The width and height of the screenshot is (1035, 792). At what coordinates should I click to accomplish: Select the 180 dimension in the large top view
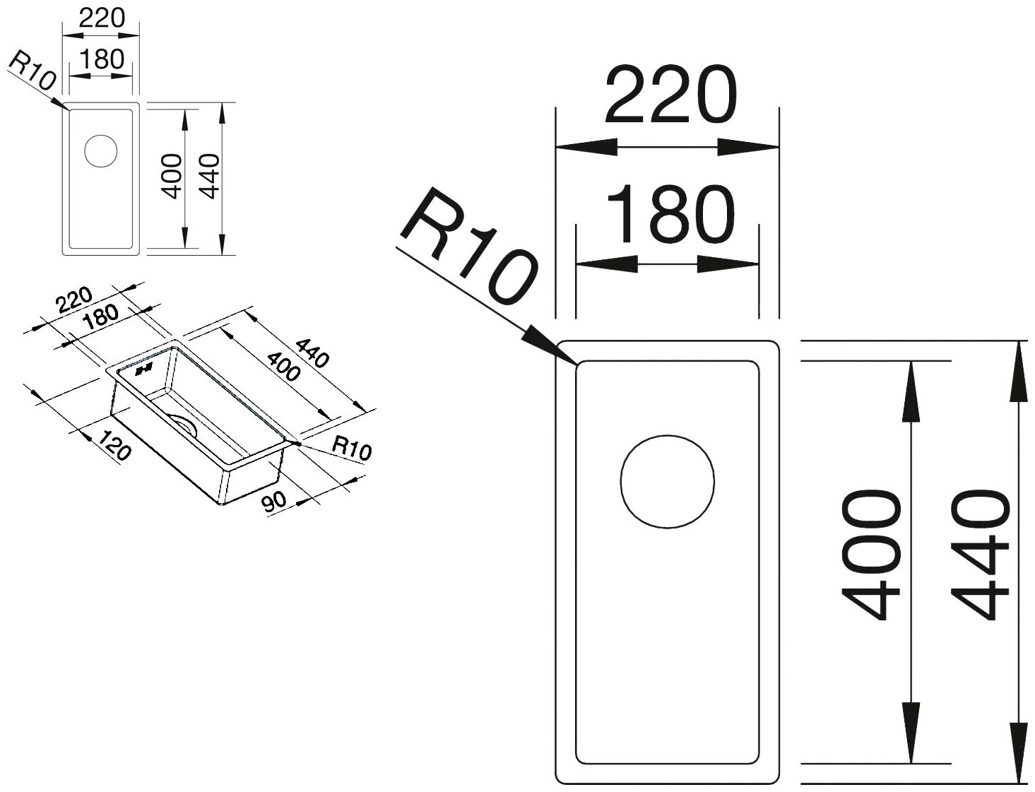coord(668,213)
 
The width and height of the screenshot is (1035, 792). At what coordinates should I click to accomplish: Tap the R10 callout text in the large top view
coord(470,247)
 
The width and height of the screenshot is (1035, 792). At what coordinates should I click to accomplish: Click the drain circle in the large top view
coord(667,480)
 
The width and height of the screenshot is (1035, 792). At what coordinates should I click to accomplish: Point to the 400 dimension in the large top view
coord(872,558)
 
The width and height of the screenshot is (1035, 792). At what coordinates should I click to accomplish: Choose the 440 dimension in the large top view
coord(979,558)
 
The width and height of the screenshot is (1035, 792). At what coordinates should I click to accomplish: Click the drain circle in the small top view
coord(100,150)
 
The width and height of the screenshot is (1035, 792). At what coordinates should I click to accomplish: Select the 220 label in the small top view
coord(101,18)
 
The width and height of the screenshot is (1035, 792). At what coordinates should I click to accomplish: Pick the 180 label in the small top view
coord(101,59)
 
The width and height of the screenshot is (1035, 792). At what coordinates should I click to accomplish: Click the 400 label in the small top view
coord(172,177)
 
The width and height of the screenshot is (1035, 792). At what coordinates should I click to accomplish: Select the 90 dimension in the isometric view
coord(273,502)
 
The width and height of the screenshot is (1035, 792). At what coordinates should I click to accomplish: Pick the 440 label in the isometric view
coord(312,353)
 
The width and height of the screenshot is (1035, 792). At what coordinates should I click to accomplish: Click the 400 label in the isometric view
coord(283,365)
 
